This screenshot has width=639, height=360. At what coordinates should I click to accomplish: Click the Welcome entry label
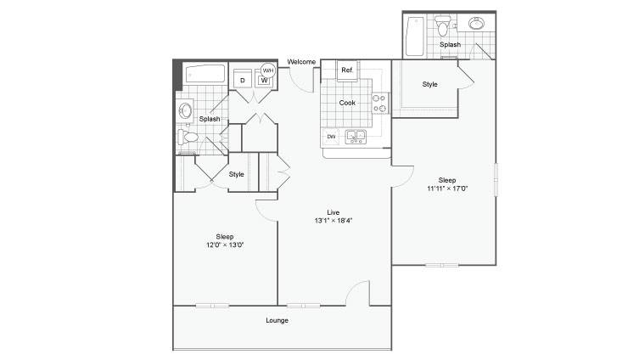pos(301,62)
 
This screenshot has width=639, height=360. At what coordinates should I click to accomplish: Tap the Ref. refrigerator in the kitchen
pos(347,70)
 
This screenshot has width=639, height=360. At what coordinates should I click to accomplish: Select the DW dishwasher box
pos(331,137)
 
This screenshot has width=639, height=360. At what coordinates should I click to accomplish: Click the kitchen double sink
pos(356,137)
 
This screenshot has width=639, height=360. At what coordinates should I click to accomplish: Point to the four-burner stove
pos(380,103)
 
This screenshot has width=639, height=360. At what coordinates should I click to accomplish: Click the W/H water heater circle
pos(268,70)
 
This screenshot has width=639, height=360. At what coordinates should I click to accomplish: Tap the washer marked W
pos(264,80)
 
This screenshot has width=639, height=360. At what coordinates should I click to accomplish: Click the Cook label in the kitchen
pos(347,103)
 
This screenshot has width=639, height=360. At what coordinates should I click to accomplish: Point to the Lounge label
pos(277,320)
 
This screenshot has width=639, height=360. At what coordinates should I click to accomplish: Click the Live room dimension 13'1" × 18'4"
pos(334,221)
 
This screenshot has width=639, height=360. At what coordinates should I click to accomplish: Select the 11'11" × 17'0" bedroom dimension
pos(447,188)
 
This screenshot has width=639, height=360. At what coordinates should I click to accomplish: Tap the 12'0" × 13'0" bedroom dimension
pos(225,245)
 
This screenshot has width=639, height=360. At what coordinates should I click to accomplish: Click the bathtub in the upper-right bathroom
pos(415,37)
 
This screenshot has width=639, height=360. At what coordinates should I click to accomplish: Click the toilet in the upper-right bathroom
pos(441,25)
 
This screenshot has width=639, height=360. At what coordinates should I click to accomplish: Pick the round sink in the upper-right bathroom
pos(476,23)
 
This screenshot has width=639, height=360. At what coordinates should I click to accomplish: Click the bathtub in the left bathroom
pos(205,74)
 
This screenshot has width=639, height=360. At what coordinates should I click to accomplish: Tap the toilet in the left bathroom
pos(188,137)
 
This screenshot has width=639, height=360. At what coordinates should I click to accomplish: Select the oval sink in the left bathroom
pos(186,110)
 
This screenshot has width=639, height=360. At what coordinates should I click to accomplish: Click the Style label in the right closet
pos(429,84)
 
